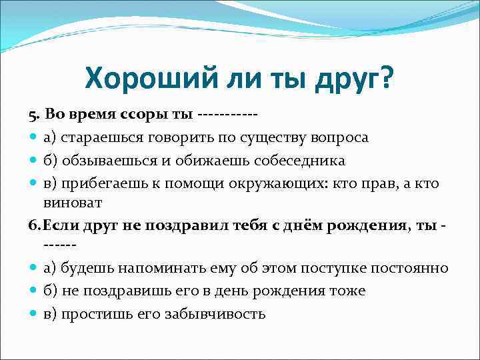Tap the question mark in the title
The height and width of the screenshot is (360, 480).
coord(386,81)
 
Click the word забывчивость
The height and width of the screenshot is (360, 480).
coord(216,315)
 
